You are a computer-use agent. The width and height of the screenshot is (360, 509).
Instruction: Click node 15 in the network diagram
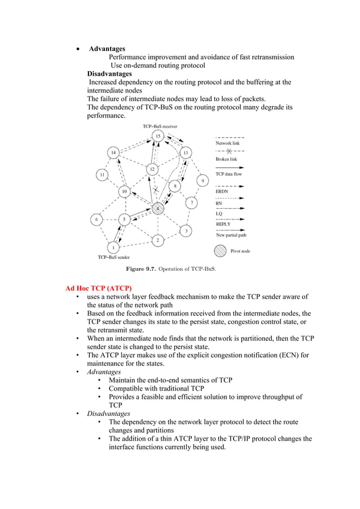[158, 136]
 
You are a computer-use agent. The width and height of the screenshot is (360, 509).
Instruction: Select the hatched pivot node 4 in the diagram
[159, 209]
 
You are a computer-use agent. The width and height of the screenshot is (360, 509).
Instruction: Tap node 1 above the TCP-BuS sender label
[113, 247]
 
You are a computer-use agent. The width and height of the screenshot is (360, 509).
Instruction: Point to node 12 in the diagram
[151, 169]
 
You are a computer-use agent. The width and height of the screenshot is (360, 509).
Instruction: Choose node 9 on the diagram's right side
[203, 181]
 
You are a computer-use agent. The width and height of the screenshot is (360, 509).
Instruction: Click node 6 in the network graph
[97, 219]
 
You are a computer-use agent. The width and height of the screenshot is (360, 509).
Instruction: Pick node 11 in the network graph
[102, 175]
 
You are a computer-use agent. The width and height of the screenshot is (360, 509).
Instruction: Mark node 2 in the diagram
[157, 240]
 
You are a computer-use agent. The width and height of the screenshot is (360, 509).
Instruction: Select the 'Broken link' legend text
[226, 159]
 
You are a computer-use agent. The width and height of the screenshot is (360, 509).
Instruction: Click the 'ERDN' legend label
[222, 191]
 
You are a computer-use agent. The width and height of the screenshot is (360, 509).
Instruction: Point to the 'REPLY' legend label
[223, 224]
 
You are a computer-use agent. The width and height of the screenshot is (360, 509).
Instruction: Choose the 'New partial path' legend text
[231, 235]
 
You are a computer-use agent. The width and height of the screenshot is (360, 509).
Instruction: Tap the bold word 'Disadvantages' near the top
[109, 74]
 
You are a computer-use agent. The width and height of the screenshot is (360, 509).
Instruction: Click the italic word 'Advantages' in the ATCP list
[104, 372]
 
